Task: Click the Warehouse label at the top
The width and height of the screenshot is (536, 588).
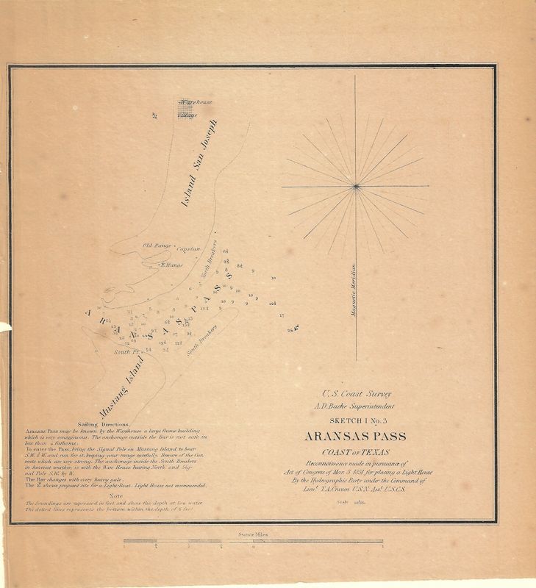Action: [196, 102]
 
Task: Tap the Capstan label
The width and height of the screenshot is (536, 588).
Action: [188, 249]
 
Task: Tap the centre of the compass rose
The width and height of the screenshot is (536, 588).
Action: [356, 186]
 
